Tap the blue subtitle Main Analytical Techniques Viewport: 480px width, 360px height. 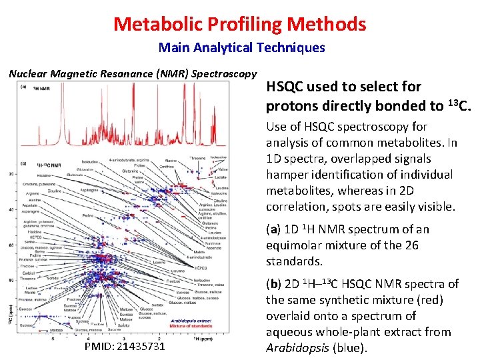pyautogui.click(x=241, y=48)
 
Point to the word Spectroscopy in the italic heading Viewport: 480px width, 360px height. pyautogui.click(x=224, y=73)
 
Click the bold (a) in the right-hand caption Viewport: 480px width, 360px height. pyautogui.click(x=273, y=229)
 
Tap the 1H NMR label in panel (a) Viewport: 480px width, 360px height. pyautogui.click(x=41, y=89)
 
